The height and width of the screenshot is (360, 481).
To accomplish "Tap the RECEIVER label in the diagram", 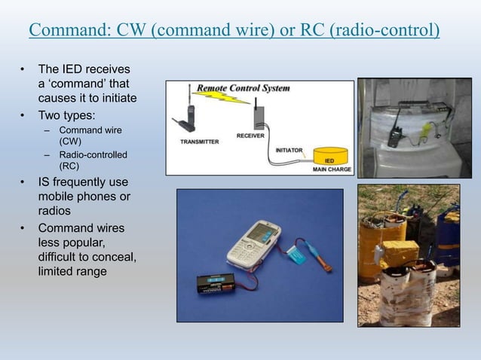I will coord(250,136).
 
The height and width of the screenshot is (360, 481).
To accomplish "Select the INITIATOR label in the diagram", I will coord(289,150).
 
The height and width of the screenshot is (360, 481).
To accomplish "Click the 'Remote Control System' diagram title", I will coord(243,88).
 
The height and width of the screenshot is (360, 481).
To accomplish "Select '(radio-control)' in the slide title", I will coord(381,31).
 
